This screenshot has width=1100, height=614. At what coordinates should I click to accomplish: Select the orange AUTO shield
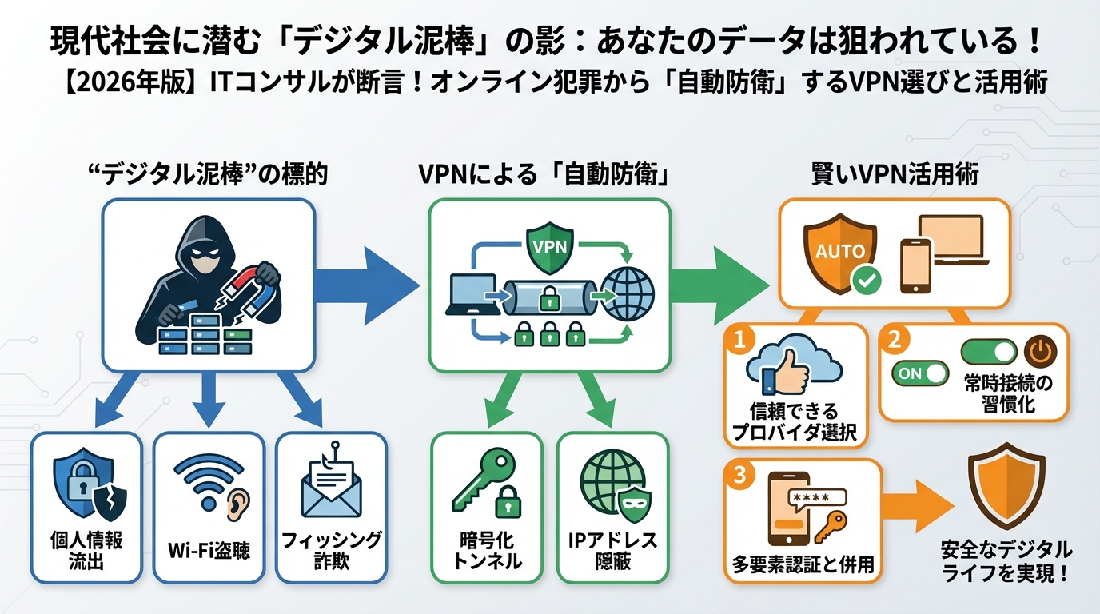[x=839, y=253]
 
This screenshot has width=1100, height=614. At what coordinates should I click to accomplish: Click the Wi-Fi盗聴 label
[x=209, y=551]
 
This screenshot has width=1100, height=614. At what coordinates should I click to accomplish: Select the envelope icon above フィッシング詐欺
[x=331, y=489]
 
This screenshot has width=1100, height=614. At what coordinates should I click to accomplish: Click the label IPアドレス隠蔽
[x=613, y=551]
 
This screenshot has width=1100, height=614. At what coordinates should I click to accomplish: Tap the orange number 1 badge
[x=739, y=339]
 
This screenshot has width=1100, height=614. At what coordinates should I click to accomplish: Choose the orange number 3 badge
[x=739, y=474]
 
